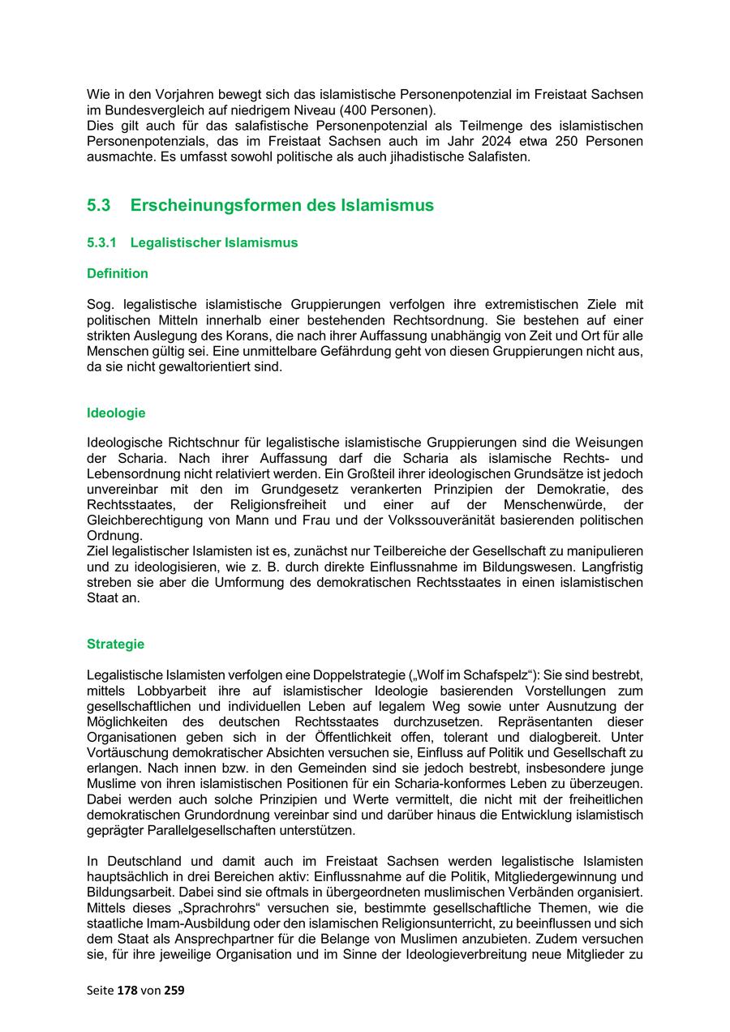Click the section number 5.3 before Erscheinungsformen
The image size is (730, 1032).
(x=98, y=206)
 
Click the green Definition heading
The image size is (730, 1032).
(x=118, y=274)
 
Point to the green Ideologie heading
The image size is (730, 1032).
(x=116, y=413)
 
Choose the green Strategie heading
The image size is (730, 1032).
(x=115, y=644)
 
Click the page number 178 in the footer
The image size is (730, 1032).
(x=127, y=990)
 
